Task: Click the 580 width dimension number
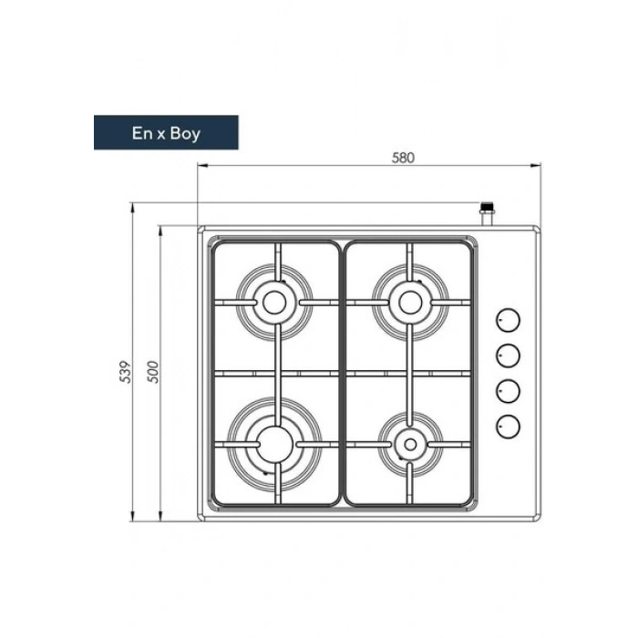pos(403,158)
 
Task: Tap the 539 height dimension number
pos(126,372)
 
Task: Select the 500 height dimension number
pos(153,372)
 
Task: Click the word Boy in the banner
pos(185,134)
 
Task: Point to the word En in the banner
pos(142,133)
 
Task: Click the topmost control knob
pos(508,320)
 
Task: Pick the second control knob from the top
pos(508,355)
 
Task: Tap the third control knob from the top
pos(508,391)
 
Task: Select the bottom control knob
pos(508,427)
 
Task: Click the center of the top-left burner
pos(273,303)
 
